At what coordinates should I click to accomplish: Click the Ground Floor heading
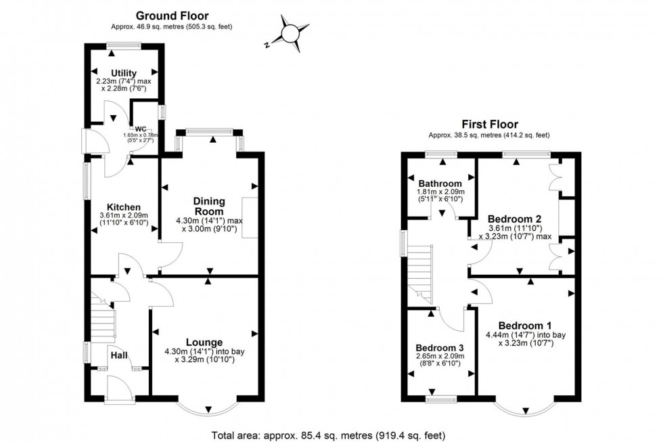click(172, 16)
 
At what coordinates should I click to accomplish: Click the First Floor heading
click(490, 125)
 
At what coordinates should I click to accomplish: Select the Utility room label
click(124, 73)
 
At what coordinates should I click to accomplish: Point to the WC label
click(141, 129)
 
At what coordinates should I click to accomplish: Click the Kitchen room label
click(123, 207)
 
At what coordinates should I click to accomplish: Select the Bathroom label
click(440, 183)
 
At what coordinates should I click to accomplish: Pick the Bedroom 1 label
click(524, 324)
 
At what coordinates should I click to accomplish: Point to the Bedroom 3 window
click(440, 399)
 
